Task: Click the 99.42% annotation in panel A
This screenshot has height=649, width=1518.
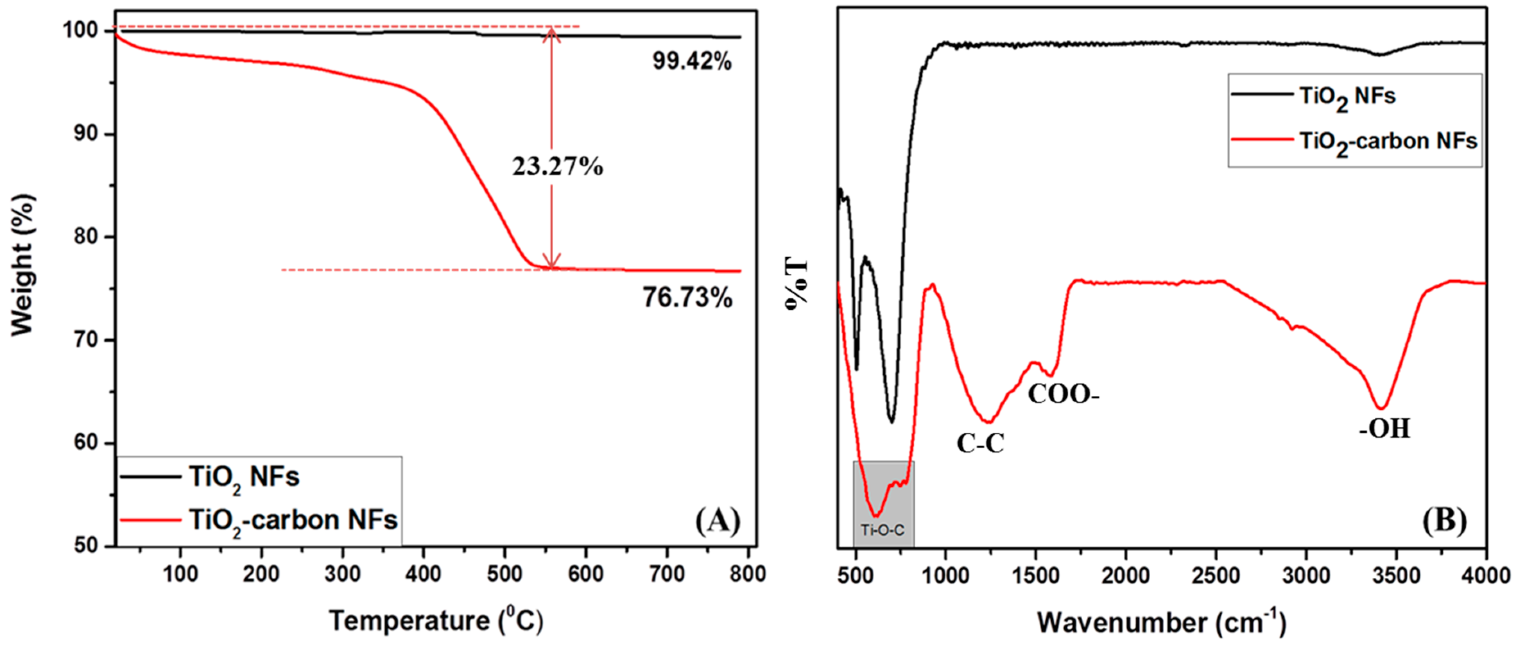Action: click(x=692, y=61)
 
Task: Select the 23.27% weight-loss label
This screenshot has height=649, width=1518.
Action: click(x=557, y=167)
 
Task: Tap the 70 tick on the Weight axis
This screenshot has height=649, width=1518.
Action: click(x=87, y=340)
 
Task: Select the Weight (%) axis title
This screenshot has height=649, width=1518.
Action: click(x=24, y=265)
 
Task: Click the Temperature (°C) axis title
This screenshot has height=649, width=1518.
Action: click(x=436, y=621)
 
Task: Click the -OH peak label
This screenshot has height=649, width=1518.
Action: click(x=1385, y=429)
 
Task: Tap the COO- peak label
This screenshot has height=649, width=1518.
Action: click(x=1063, y=394)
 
